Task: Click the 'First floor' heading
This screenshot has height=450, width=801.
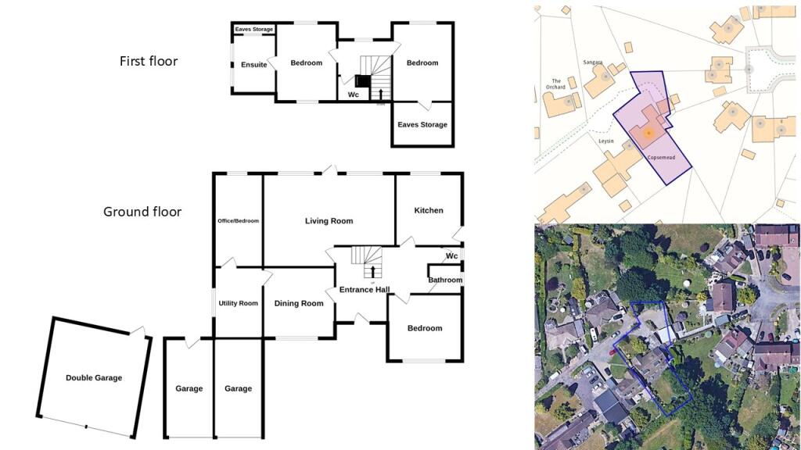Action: coord(149,61)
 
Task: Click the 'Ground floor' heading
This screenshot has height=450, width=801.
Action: coord(142,212)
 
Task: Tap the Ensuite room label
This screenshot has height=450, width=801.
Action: coord(253,65)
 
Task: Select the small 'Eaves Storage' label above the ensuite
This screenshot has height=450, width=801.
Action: coord(254,30)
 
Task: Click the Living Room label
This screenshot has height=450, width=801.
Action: coord(329,221)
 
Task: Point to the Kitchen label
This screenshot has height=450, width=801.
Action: coord(429,210)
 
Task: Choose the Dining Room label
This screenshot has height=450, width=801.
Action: coord(299,303)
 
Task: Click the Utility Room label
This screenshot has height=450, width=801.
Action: coord(238,303)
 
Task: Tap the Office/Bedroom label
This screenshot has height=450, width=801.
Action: coord(238,221)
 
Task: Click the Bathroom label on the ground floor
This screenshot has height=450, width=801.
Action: coord(445,280)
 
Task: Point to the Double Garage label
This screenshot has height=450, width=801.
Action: coord(94,378)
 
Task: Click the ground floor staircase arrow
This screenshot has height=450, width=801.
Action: coord(372,271)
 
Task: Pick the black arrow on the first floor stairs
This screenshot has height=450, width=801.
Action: coord(381,95)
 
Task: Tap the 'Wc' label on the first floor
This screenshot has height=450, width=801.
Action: coord(353,95)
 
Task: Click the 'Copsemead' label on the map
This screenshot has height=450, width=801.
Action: coord(661,157)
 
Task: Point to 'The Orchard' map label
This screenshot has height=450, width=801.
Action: coord(558,84)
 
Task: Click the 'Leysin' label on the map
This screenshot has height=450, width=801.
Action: coord(606,141)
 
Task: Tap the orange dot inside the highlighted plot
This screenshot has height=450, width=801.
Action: coord(648,134)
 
